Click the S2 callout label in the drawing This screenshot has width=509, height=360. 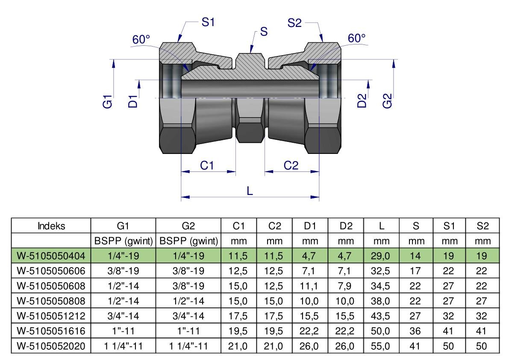(x=295, y=23)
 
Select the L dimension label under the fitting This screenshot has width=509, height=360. (x=250, y=191)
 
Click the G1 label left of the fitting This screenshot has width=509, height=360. (x=108, y=102)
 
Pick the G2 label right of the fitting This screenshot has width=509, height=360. (x=388, y=102)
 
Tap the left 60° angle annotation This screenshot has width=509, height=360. (x=141, y=40)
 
